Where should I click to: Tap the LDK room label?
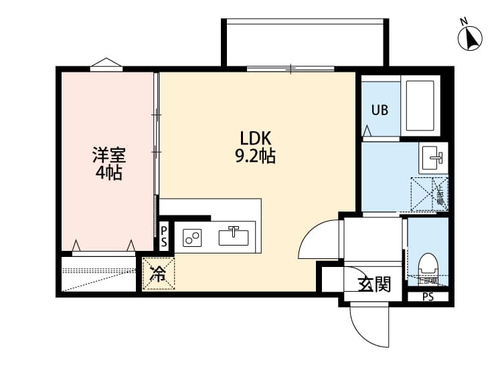click(x=255, y=139)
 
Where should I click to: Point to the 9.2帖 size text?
click(x=255, y=157)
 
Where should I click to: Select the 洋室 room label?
click(x=108, y=155)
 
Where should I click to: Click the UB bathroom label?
click(x=380, y=110)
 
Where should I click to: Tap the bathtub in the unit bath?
click(x=420, y=106)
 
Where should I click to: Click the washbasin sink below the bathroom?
click(x=432, y=159)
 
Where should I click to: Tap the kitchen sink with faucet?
click(x=234, y=236)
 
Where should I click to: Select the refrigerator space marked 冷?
click(x=158, y=274)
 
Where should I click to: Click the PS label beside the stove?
click(x=164, y=236)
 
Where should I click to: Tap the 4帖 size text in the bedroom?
click(x=108, y=173)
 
